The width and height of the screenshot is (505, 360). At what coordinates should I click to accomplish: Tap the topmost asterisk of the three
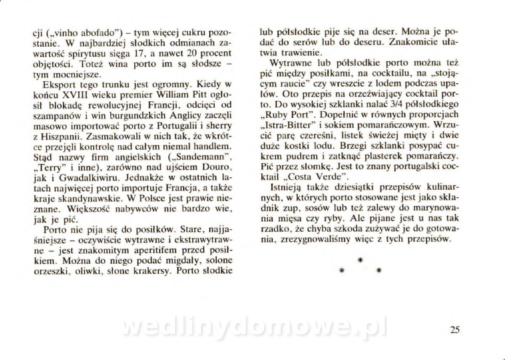coord(360,260)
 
